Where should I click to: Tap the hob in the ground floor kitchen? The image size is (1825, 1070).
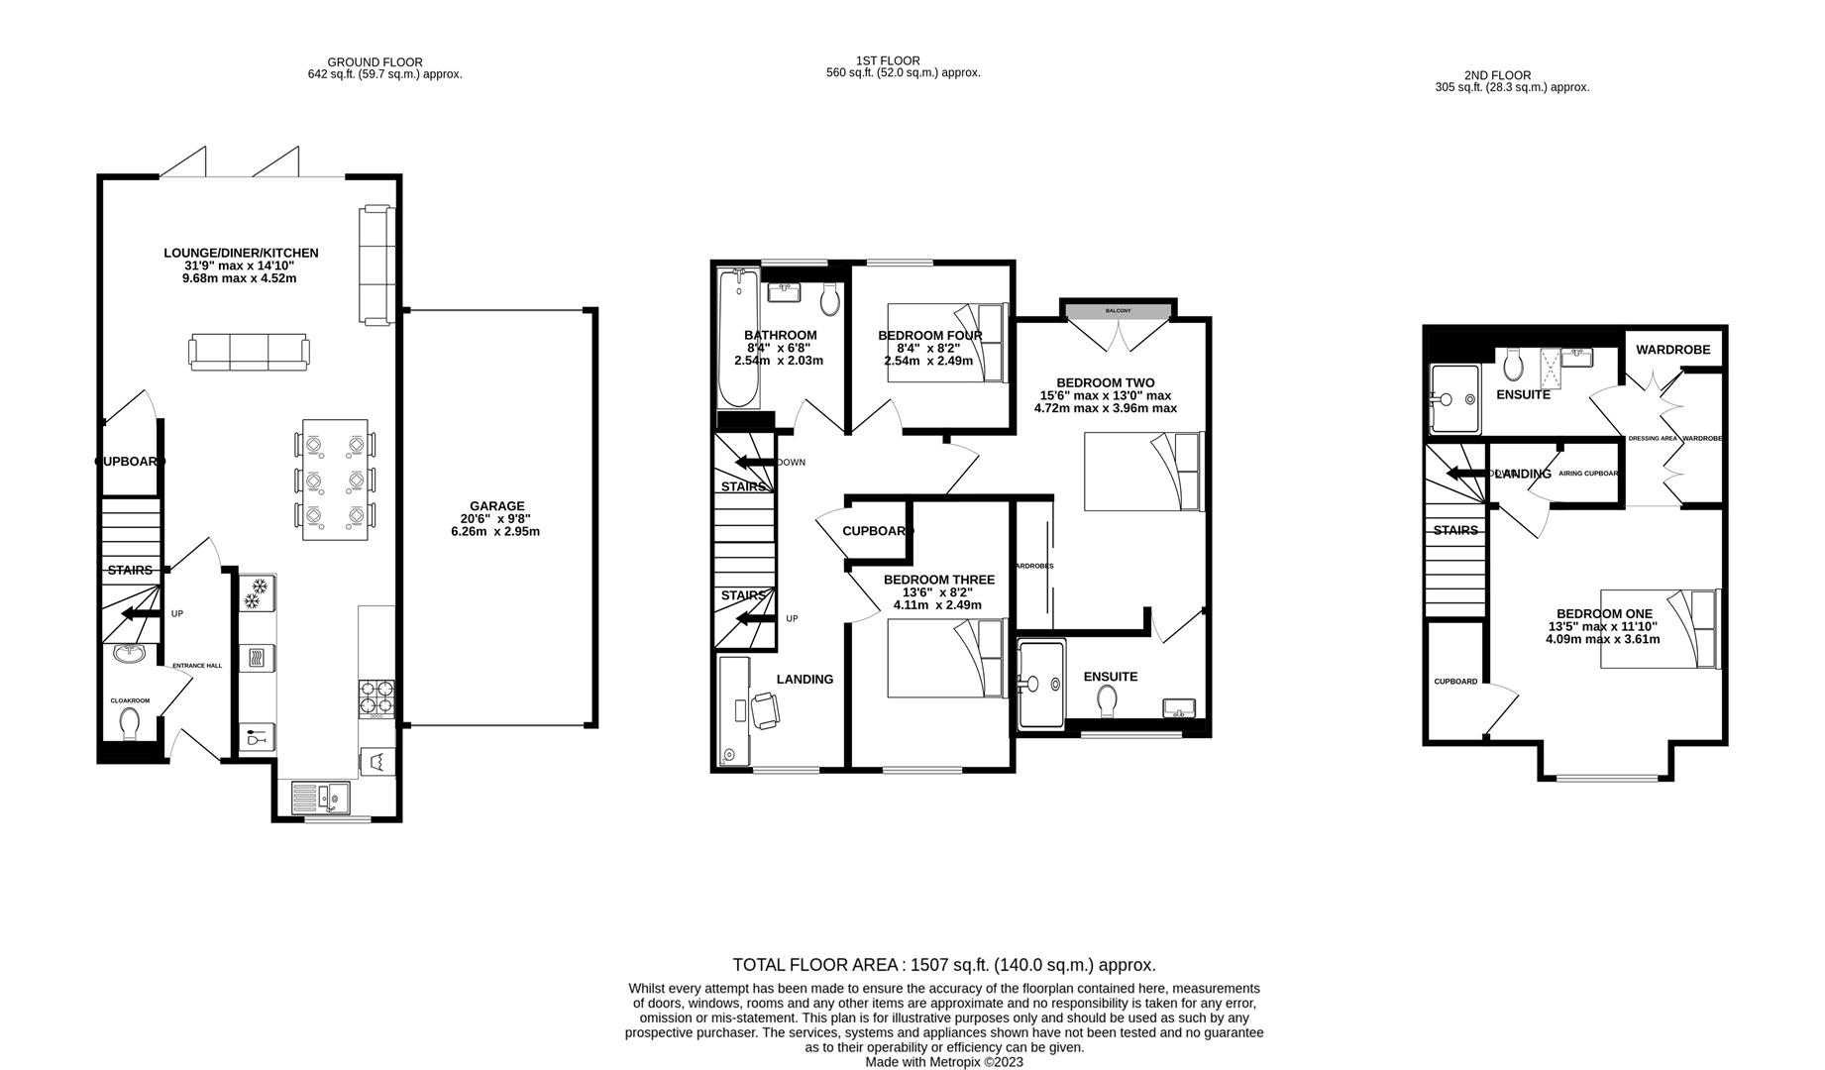coord(376,696)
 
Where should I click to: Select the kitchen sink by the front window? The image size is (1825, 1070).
coord(321,796)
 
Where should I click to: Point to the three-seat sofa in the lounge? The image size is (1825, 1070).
coord(249,352)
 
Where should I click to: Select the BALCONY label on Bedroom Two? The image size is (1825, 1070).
coord(1118,311)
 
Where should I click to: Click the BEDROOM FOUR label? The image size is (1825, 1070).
coord(929,336)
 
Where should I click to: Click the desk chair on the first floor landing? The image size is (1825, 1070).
coord(766,709)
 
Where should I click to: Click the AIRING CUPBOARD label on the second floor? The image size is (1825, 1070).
coord(1588,474)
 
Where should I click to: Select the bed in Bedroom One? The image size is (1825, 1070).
coord(1661,629)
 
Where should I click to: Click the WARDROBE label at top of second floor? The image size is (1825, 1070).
coord(1672,350)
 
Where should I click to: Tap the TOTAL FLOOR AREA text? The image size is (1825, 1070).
coord(943,964)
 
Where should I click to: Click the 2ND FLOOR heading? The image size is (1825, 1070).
coord(1497,75)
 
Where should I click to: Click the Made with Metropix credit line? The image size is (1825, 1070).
coord(943,1061)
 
